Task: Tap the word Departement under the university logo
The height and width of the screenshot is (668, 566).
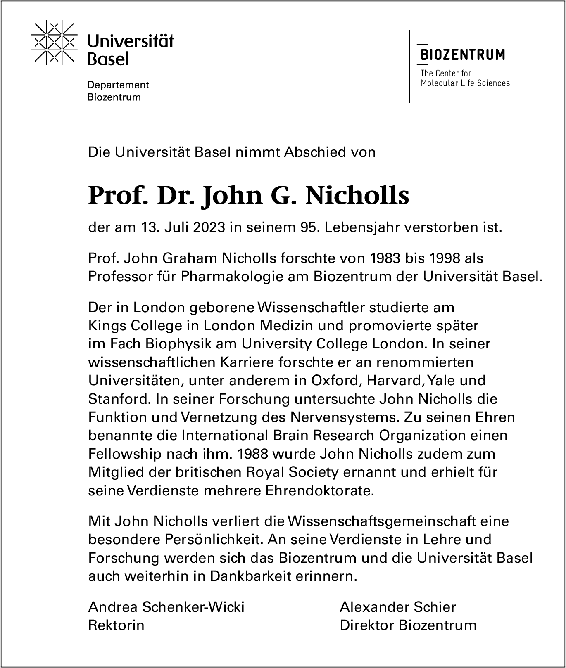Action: [118, 85]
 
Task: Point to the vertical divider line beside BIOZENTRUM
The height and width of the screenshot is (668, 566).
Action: [409, 66]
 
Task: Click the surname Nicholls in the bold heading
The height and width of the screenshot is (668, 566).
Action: [357, 196]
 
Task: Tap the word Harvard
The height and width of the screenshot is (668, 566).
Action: [395, 380]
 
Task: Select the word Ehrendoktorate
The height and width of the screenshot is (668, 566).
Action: [319, 491]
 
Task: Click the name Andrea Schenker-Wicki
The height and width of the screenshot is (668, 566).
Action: [166, 607]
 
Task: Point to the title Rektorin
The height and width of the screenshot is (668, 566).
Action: [116, 625]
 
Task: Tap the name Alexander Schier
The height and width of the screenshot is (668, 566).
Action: [397, 607]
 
